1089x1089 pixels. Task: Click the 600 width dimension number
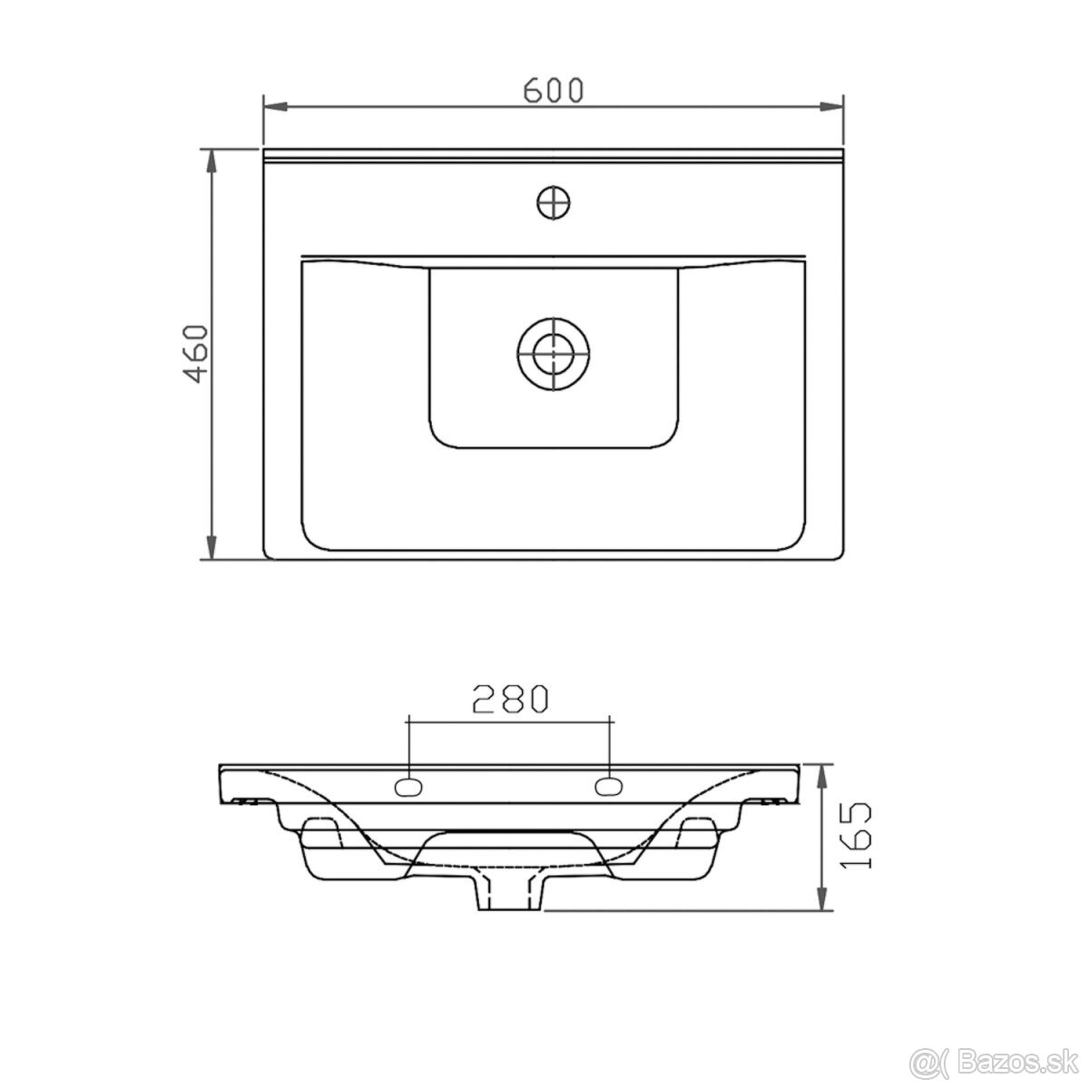(553, 91)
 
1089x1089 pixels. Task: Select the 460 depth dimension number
(197, 354)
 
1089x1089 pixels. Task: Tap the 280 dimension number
(510, 699)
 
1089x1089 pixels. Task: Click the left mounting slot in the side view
(408, 786)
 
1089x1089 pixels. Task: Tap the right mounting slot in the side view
(609, 786)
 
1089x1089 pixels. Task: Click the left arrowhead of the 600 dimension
(276, 106)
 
